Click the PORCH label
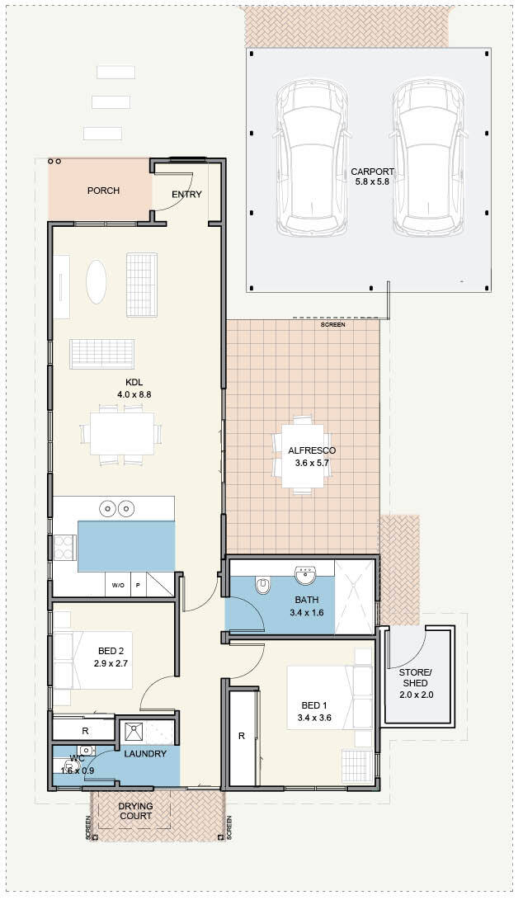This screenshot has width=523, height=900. [x=103, y=191]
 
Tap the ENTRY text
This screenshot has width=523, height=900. [x=186, y=195]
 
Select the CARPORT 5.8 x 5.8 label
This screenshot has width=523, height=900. [x=373, y=177]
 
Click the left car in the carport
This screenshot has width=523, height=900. [x=311, y=158]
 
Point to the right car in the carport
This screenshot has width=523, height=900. [x=430, y=158]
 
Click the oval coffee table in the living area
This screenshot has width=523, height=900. [x=96, y=282]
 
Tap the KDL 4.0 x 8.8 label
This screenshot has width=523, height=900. [x=134, y=388]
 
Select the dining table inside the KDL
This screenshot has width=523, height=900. [x=122, y=433]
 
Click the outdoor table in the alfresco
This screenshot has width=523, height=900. [x=301, y=454]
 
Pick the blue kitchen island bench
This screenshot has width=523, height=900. [x=126, y=546]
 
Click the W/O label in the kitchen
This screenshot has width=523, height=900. [x=118, y=586]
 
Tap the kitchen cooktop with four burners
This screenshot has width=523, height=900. [x=65, y=547]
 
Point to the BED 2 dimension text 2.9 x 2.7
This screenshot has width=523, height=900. [x=111, y=663]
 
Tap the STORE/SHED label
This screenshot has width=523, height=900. [x=416, y=678]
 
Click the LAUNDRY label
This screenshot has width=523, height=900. [x=145, y=754]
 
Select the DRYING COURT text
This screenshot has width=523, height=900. [x=135, y=811]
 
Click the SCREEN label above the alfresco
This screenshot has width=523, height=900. [x=333, y=325]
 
